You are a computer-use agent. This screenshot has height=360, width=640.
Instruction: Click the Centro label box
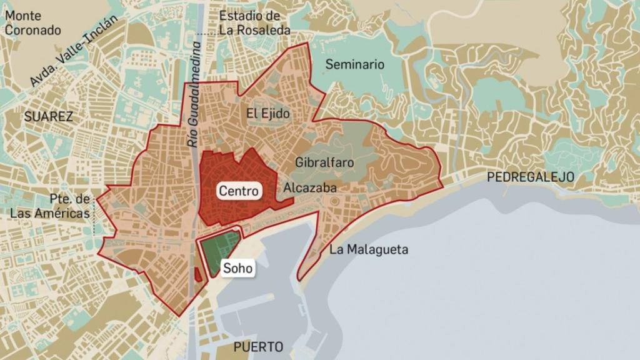(x=239, y=191)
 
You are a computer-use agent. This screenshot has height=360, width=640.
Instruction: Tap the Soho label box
(x=237, y=269)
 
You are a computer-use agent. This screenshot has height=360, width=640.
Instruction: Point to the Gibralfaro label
(x=324, y=162)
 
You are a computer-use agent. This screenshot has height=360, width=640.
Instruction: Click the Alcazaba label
(x=310, y=187)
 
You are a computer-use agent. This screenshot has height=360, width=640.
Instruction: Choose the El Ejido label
(x=268, y=114)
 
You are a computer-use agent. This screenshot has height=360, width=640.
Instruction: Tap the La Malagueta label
(x=369, y=250)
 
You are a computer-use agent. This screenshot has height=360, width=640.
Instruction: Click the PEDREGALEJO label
(x=530, y=177)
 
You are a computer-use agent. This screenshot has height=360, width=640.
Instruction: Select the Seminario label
(x=355, y=64)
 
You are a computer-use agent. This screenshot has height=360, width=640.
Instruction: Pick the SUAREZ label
(x=49, y=116)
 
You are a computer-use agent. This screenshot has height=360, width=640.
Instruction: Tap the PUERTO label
(x=258, y=347)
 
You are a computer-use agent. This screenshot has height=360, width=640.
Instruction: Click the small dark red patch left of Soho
(x=197, y=274)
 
